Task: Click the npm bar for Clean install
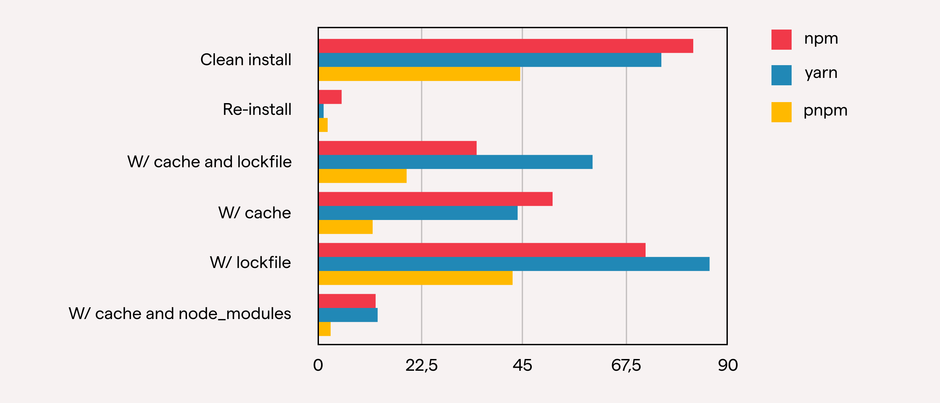click(x=505, y=46)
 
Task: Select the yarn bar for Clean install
click(x=489, y=60)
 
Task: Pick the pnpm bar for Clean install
click(x=419, y=74)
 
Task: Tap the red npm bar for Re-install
click(x=330, y=97)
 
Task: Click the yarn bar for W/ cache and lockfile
click(x=455, y=162)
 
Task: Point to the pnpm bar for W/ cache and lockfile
click(x=362, y=176)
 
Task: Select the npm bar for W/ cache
click(x=435, y=199)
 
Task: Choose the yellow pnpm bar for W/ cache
click(x=345, y=227)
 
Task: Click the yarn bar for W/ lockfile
click(x=513, y=264)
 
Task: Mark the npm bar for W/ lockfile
click(x=482, y=250)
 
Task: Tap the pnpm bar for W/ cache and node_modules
click(x=324, y=329)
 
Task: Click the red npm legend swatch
click(x=781, y=39)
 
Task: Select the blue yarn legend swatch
click(x=781, y=75)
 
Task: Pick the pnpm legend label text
click(x=825, y=110)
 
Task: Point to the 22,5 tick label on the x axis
click(x=421, y=365)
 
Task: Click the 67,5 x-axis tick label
click(x=626, y=365)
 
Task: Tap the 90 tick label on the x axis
click(x=727, y=365)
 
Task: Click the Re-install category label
click(x=257, y=109)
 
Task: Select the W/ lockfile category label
click(x=250, y=263)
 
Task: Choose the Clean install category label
click(x=246, y=60)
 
